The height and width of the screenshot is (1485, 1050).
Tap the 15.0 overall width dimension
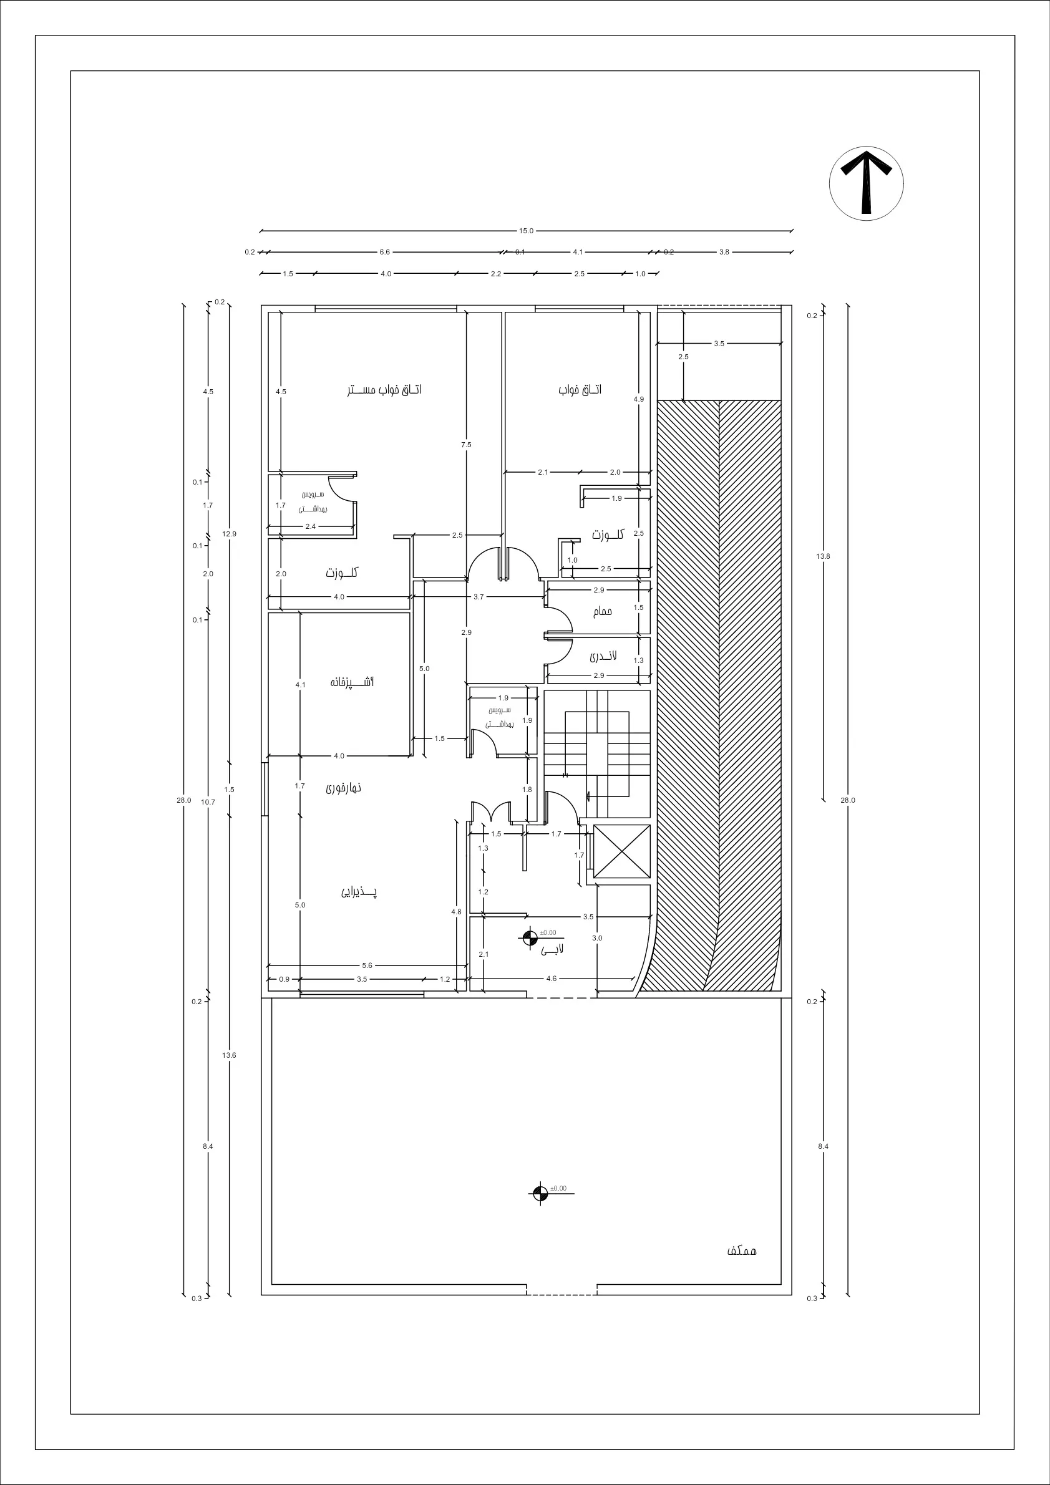click(526, 231)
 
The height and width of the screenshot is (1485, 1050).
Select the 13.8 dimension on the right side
click(823, 556)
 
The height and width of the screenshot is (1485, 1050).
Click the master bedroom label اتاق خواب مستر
click(384, 390)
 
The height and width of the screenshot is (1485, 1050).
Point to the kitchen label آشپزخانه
click(352, 682)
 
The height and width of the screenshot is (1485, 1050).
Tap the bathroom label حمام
click(602, 611)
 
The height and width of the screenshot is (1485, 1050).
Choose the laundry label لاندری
click(603, 656)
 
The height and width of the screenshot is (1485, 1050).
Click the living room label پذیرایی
click(359, 891)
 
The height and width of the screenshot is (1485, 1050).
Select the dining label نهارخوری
click(344, 788)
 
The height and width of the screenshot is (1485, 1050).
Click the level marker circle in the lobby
click(530, 937)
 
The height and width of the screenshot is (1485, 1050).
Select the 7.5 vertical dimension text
click(467, 444)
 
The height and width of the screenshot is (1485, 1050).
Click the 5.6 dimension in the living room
click(367, 965)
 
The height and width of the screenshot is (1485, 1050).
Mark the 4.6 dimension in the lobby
click(551, 979)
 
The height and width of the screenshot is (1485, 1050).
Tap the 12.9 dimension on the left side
click(230, 534)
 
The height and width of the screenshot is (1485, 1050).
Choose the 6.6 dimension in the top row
click(385, 252)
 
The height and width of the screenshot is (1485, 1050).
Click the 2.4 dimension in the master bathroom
click(311, 526)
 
